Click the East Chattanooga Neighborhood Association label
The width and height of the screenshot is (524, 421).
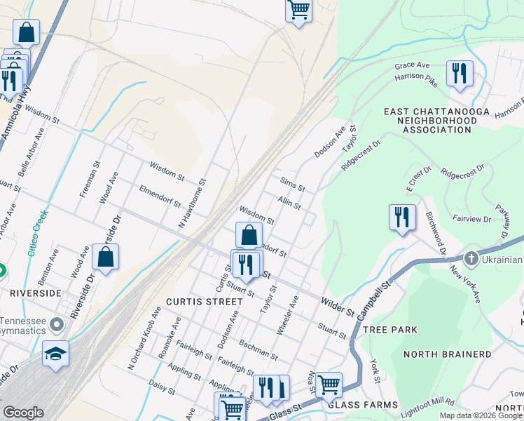point(430,121)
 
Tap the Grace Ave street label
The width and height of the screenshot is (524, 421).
point(411,65)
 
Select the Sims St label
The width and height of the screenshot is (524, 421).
point(292,185)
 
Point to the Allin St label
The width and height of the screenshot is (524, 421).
point(289,203)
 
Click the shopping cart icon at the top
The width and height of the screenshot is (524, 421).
point(298,11)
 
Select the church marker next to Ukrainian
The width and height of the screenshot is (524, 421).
point(471,258)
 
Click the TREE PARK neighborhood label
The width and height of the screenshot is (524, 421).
point(390,329)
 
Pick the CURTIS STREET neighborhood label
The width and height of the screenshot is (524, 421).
point(203,301)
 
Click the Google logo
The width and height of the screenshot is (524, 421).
point(23,413)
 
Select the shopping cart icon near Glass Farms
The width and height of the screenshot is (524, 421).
point(329,385)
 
